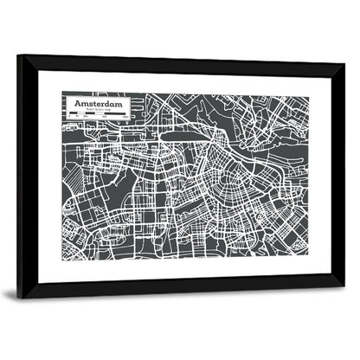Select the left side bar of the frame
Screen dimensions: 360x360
27,177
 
